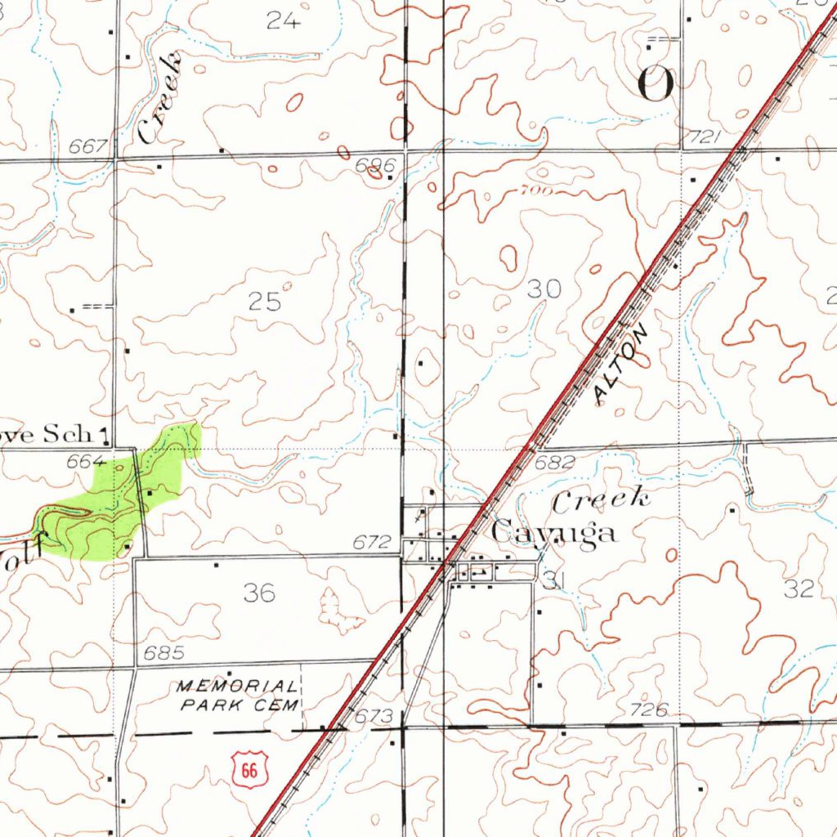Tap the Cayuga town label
[x=554, y=533]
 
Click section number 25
[x=265, y=302]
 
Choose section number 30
[x=544, y=289]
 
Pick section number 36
[x=259, y=593]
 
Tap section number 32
[x=798, y=589]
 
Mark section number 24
[x=284, y=21]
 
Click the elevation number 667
[x=88, y=147]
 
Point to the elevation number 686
[x=374, y=166]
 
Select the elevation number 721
[x=705, y=138]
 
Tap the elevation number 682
[x=555, y=463]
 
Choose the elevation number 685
[x=163, y=653]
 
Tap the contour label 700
[x=535, y=191]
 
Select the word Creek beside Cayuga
[x=602, y=500]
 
